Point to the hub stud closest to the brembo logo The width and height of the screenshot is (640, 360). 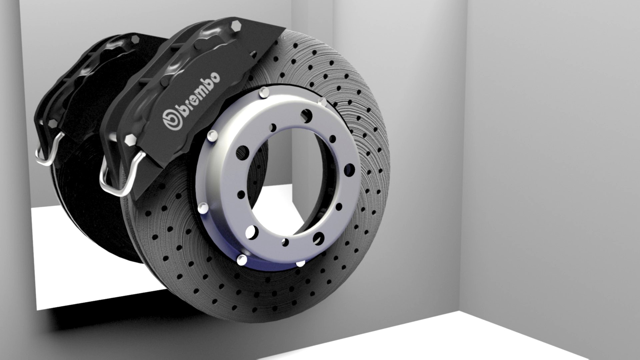pyautogui.click(x=212, y=135)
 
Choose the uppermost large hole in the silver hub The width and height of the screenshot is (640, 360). pyautogui.click(x=306, y=116)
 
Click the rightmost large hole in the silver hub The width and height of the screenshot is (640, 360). pyautogui.click(x=349, y=170)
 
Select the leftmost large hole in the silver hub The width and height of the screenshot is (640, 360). pyautogui.click(x=242, y=153)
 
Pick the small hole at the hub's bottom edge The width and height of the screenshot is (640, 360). pyautogui.click(x=285, y=242)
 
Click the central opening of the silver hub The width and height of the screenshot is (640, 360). pyautogui.click(x=287, y=180)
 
